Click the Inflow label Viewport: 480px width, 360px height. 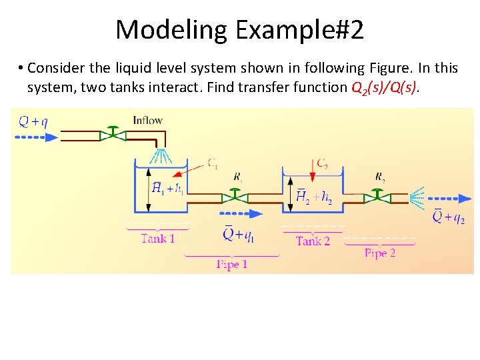coord(147,121)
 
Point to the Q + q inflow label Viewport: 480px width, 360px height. coord(33,121)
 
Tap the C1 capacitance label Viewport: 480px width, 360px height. coord(212,163)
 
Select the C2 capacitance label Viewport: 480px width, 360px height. coord(321,163)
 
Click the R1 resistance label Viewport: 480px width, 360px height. coord(238,177)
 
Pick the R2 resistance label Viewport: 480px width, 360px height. coord(379,177)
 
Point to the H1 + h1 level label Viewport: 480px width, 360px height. coord(168,189)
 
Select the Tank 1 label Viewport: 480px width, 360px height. coord(157,238)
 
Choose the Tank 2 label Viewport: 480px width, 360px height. coord(313,241)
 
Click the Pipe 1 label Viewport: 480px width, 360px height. coord(232,265)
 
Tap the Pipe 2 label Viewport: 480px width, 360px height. coord(380,253)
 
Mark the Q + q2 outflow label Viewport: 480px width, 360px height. coord(449,217)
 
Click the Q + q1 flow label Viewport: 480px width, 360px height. coord(238,234)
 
